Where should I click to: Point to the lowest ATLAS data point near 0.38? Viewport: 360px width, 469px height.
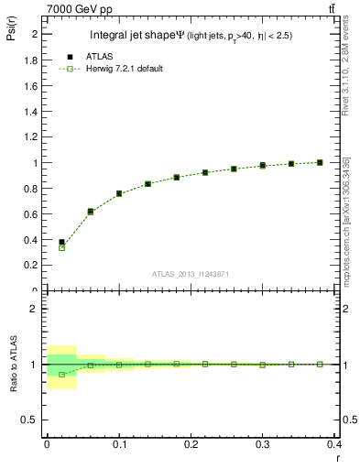[61, 243]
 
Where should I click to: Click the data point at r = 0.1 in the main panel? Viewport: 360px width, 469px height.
[119, 193]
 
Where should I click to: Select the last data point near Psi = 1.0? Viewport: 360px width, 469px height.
[320, 162]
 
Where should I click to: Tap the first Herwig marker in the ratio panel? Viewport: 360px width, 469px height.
[61, 375]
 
